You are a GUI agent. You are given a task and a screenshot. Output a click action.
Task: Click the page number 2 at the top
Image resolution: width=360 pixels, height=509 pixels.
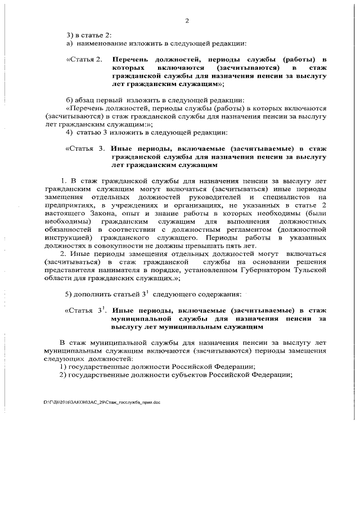[x=186, y=21]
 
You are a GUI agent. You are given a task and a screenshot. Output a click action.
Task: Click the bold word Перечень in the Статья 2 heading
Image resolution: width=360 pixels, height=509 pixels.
[x=130, y=59]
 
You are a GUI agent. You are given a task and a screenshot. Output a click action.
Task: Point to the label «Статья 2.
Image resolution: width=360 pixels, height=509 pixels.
[x=84, y=59]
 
